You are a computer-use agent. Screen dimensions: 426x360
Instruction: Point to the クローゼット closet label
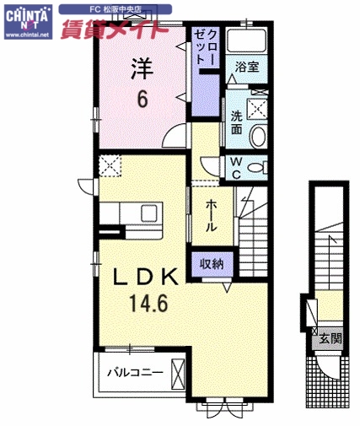point(206,47)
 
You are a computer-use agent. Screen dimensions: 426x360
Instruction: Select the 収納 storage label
point(211,264)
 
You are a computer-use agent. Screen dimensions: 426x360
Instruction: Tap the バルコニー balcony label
point(134,372)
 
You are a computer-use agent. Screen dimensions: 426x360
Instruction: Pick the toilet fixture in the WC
point(258,164)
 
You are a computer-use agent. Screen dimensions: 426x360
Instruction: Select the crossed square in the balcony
point(178,371)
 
